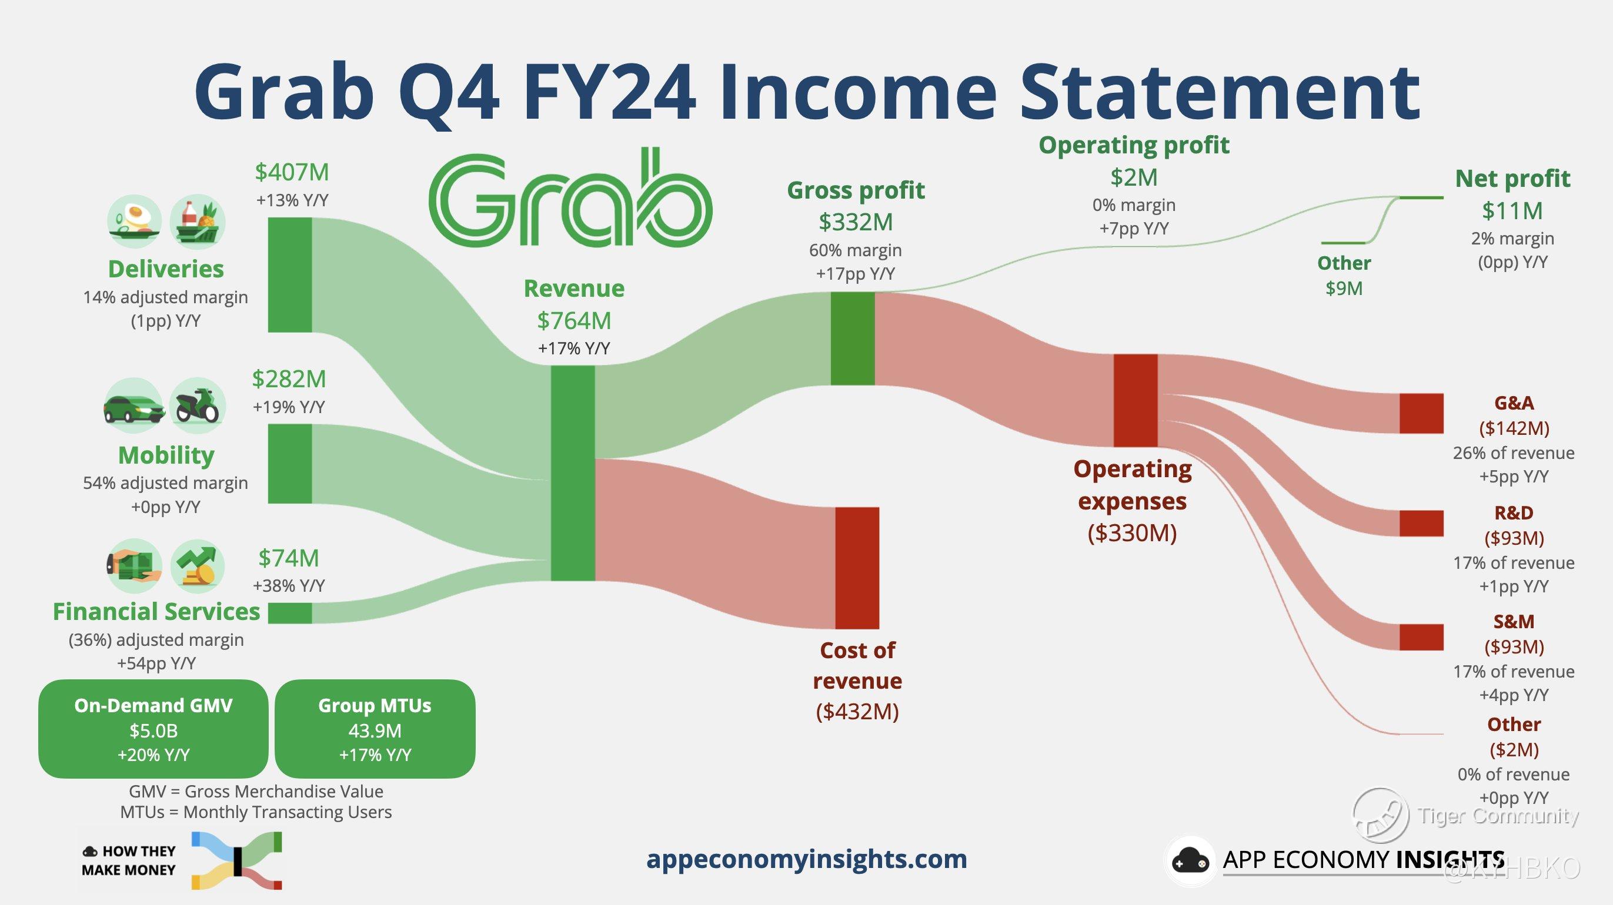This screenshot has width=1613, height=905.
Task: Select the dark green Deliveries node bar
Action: (290, 275)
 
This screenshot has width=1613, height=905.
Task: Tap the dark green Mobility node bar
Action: (290, 464)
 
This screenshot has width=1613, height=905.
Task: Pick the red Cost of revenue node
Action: (857, 568)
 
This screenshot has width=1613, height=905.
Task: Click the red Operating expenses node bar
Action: (1136, 401)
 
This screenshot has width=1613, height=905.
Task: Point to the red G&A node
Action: (1421, 413)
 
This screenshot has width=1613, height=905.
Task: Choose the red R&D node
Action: (1421, 523)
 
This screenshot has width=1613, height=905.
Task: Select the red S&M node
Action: (1421, 637)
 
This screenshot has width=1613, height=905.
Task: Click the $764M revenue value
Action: (574, 320)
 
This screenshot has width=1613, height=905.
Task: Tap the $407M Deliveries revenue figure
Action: (292, 172)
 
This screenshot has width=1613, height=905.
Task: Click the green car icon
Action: (133, 406)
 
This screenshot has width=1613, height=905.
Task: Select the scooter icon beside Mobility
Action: (198, 406)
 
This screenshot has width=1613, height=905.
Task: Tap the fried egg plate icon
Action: (135, 222)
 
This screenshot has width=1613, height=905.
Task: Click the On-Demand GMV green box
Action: (153, 729)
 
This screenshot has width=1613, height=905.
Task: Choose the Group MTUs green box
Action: (375, 729)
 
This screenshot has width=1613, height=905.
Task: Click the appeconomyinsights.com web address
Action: (807, 859)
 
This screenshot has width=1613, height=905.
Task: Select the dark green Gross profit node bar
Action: (853, 338)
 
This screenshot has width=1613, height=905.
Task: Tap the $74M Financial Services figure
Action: (289, 558)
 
